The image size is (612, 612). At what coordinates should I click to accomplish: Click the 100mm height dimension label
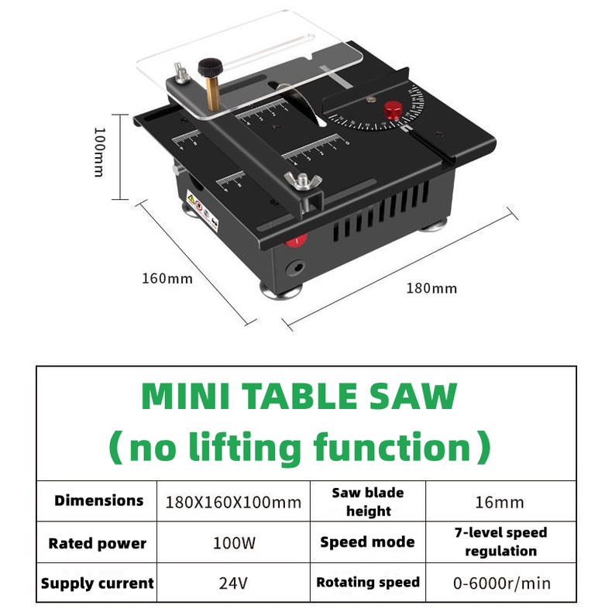pyautogui.click(x=98, y=152)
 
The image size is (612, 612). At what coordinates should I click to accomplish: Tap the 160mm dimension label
pyautogui.click(x=167, y=278)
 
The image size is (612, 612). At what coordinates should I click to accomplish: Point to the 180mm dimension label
pyautogui.click(x=431, y=289)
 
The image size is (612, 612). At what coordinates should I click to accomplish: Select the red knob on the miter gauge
pyautogui.click(x=393, y=109)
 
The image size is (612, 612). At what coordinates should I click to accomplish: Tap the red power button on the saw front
pyautogui.click(x=294, y=240)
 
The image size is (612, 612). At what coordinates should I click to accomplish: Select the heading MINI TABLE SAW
pyautogui.click(x=300, y=396)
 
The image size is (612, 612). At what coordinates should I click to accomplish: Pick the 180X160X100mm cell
pyautogui.click(x=233, y=502)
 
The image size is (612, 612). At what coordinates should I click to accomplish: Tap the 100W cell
pyautogui.click(x=233, y=543)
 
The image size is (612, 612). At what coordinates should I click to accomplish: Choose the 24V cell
pyautogui.click(x=233, y=583)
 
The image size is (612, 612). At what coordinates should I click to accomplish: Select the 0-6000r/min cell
pyautogui.click(x=501, y=583)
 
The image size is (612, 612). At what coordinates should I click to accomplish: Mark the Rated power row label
pyautogui.click(x=98, y=543)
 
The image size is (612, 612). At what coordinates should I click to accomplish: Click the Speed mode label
pyautogui.click(x=367, y=542)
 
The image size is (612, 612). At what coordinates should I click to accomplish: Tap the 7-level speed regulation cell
pyautogui.click(x=500, y=542)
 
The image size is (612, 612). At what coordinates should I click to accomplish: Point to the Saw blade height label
pyautogui.click(x=368, y=501)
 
